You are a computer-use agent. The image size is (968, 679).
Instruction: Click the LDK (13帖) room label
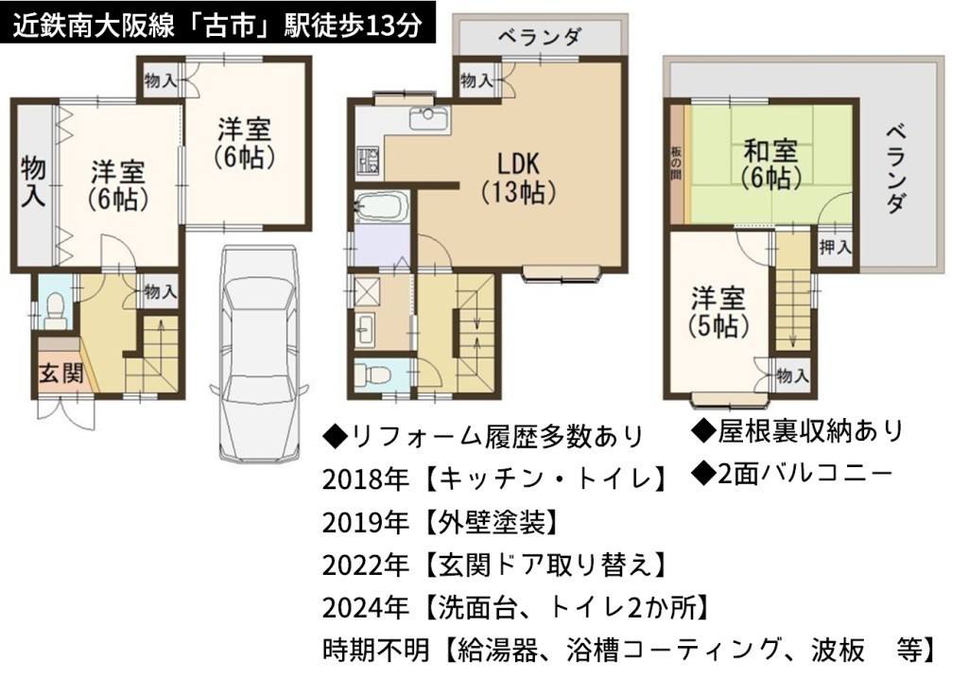pos(519,178)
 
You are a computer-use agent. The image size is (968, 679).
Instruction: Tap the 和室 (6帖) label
pos(771,165)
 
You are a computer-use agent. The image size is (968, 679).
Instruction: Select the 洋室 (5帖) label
pos(718,313)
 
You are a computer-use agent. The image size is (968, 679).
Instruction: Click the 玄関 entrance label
pos(61,374)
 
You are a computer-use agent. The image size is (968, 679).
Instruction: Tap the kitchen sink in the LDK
pos(428,117)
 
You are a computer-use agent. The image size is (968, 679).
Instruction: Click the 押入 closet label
pos(836,247)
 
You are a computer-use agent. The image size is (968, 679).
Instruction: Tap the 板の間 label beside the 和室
pos(676,163)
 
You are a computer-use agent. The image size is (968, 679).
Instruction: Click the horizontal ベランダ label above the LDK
pos(539,37)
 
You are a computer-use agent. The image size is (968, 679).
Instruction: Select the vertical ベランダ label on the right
pos(896,168)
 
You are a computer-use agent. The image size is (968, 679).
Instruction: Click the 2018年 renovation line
pos(493,479)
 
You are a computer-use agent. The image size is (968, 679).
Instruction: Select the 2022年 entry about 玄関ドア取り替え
pos(493,565)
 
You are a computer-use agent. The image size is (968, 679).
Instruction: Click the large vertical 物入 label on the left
pos(33,181)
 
